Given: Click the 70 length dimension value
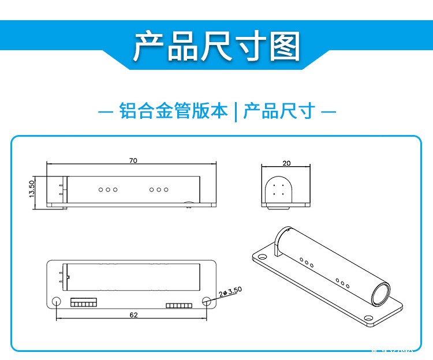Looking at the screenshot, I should click(133, 161).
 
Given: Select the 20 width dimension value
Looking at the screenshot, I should click(286, 163).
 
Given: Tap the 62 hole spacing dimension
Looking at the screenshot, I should click(133, 315).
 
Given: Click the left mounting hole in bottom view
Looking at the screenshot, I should click(57, 301).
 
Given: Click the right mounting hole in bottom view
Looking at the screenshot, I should click(207, 301).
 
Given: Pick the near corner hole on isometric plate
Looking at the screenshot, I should click(367, 317).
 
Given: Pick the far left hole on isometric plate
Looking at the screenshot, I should click(262, 257).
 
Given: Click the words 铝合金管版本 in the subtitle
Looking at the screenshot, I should click(173, 111).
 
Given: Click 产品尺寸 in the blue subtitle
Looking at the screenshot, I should click(278, 111).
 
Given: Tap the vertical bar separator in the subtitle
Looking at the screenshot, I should click(236, 111).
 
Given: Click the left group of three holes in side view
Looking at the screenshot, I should click(107, 189).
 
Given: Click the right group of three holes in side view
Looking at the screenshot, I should click(159, 189).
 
